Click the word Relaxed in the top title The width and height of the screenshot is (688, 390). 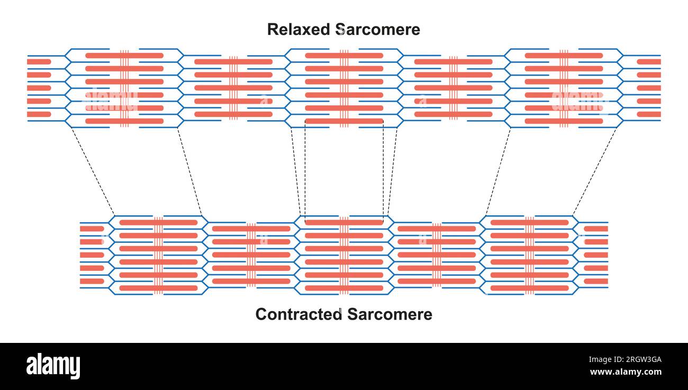coord(300,29)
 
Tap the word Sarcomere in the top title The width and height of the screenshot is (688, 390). coord(379,29)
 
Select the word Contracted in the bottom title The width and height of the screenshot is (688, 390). coord(298,314)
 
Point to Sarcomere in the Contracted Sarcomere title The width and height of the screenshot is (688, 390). coord(390,314)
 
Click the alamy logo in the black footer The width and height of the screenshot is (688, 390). coord(53,366)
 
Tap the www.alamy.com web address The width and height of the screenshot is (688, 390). coord(625,372)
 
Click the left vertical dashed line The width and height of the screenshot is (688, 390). coord(305,169)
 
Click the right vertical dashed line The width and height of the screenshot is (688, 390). coord(383,169)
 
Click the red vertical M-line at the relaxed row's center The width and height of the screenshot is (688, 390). coord(344,88)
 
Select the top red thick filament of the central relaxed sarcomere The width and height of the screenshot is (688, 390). coord(344,56)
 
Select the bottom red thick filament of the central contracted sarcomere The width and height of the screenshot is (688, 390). coord(344,288)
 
